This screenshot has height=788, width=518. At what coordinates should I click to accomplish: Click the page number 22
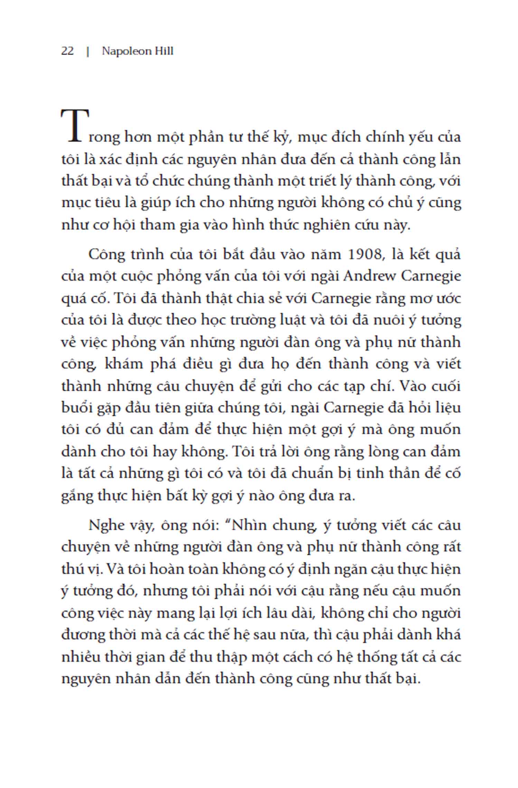point(67,51)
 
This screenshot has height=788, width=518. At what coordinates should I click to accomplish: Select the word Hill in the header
point(163,51)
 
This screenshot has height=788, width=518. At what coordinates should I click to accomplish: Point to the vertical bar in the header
point(88,51)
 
